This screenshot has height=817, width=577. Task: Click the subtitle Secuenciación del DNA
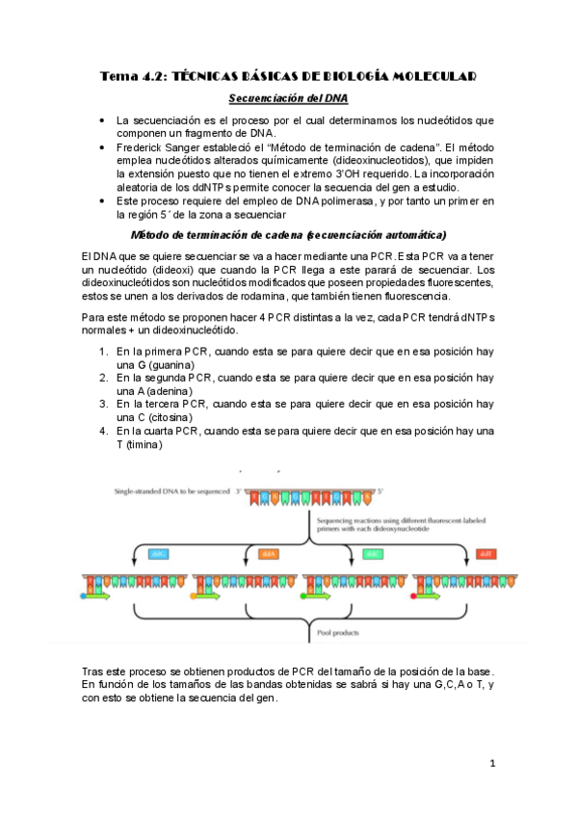(288, 98)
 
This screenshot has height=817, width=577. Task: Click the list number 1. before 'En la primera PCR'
(103, 353)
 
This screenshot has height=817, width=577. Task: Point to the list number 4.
(103, 432)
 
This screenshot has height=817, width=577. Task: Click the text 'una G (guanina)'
(154, 366)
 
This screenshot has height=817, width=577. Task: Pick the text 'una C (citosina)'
(154, 418)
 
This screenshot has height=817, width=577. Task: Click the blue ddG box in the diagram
(159, 554)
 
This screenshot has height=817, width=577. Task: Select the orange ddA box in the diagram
(269, 554)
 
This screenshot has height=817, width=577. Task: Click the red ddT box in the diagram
(485, 554)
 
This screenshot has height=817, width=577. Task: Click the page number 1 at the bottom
(491, 764)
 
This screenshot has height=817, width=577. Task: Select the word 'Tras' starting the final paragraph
(94, 670)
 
